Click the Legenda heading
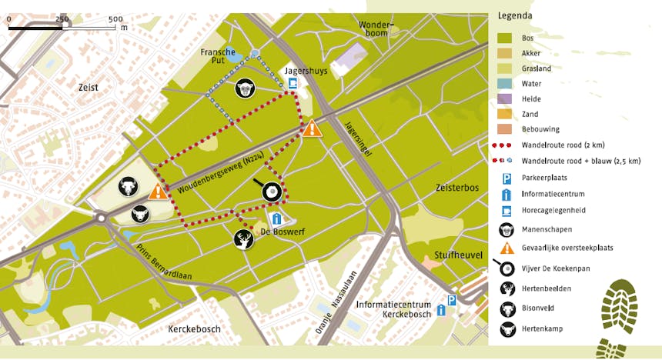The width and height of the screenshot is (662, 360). click(x=516, y=15)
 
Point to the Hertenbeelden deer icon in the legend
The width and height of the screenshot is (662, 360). click(x=507, y=289)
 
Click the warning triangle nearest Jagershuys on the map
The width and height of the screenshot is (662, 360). click(x=312, y=128)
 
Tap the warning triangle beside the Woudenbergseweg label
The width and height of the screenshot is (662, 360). click(x=158, y=191)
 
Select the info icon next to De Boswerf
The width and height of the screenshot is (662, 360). click(x=276, y=219)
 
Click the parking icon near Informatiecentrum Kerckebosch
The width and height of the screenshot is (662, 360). click(x=453, y=301)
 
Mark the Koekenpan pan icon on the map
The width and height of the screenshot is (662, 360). click(x=269, y=192)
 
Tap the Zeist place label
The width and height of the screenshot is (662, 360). click(x=89, y=88)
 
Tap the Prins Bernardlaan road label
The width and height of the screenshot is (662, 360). click(x=164, y=262)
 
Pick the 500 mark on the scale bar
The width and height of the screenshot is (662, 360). click(x=115, y=18)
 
